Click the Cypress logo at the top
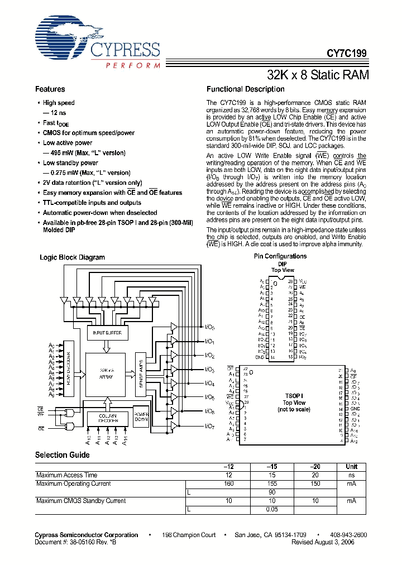[x=97, y=42]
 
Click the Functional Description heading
[x=245, y=89]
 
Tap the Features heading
[x=50, y=89]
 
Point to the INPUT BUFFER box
[x=107, y=333]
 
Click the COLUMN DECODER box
[x=107, y=419]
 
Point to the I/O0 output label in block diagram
[x=209, y=327]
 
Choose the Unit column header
[x=351, y=467]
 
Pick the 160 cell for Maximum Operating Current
[x=229, y=483]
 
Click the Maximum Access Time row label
[x=66, y=475]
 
